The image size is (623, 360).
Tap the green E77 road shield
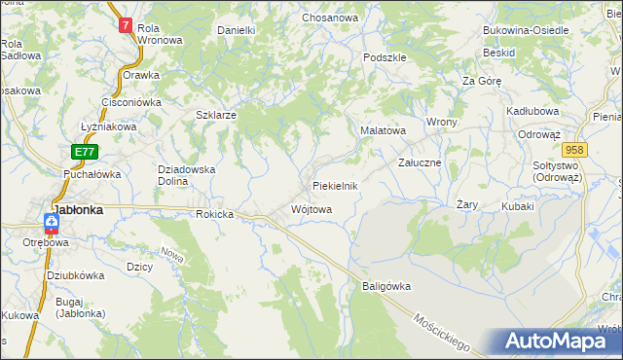point(85,152)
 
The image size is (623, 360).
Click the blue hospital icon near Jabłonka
point(51,223)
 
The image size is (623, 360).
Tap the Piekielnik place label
point(336,186)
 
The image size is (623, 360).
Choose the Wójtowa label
point(311,209)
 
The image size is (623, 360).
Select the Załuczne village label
point(421,162)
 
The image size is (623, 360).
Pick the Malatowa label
point(384,128)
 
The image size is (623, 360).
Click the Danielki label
point(236,30)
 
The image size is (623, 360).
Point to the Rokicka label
point(215,214)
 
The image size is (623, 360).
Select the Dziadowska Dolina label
point(186,174)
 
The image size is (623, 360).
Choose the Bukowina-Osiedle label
point(526,30)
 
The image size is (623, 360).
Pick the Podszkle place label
point(384,57)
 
